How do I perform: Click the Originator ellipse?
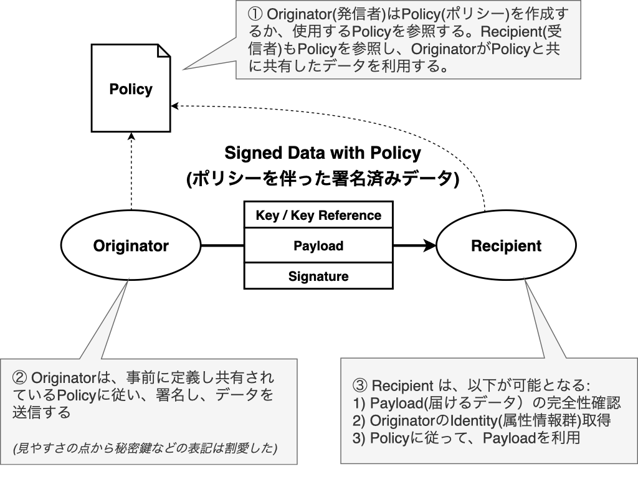coord(131,245)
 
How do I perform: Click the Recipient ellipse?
coord(506,245)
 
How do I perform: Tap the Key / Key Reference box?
coord(318,215)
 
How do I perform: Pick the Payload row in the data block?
coord(318,245)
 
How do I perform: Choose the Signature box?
coord(318,276)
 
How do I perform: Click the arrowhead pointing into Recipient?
coord(430,245)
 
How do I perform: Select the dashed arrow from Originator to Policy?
coord(131,174)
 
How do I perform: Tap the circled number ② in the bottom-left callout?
coord(19,378)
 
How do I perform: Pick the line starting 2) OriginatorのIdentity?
coord(480,420)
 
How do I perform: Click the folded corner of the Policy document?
coord(164,50)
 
